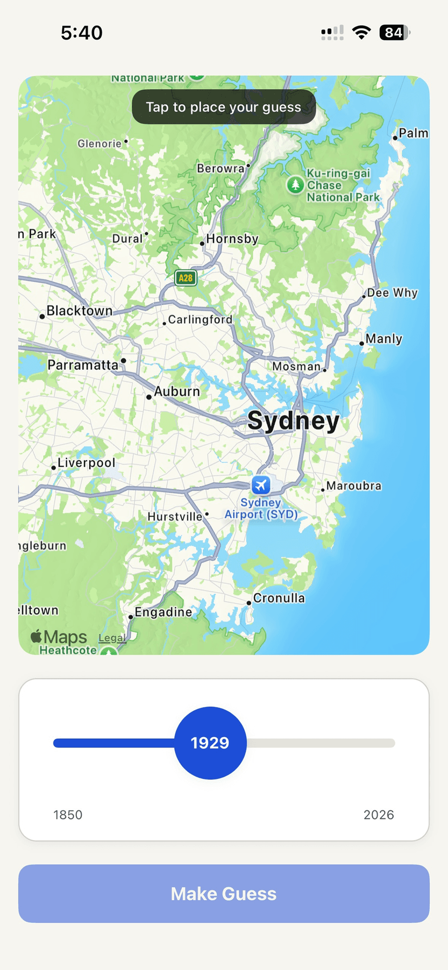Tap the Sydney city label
coord(293,421)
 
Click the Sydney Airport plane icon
coord(261,485)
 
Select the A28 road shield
coord(186,278)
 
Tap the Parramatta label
coord(83,365)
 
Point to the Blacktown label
coord(80,311)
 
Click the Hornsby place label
coord(232,239)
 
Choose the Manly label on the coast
coord(384,339)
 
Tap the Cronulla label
coord(279,598)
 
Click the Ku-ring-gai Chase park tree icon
coord(295,185)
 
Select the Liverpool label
coord(86,463)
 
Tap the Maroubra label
coord(353,486)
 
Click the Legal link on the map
coord(112,638)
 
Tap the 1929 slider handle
coord(210,743)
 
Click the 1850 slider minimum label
coord(68,815)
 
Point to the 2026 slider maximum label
coord(379,815)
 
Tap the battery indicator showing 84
coord(394,32)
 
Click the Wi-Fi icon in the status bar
coord(361,32)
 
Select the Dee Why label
coord(392,293)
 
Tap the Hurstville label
coord(175,517)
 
